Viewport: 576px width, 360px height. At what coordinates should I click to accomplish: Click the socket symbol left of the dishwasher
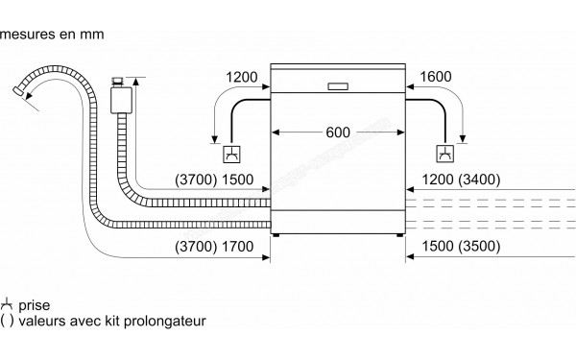pos(232,153)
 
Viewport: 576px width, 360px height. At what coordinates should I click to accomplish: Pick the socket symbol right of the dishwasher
pos(445,153)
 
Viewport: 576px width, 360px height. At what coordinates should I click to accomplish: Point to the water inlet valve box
pos(121,97)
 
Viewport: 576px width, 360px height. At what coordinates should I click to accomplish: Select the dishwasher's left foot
pos(278,235)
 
